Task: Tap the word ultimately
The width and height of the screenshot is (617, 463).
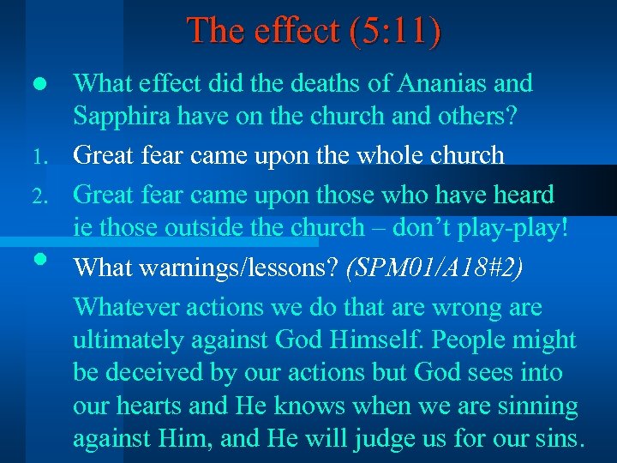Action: click(128, 340)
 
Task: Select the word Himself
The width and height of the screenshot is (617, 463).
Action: click(374, 340)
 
